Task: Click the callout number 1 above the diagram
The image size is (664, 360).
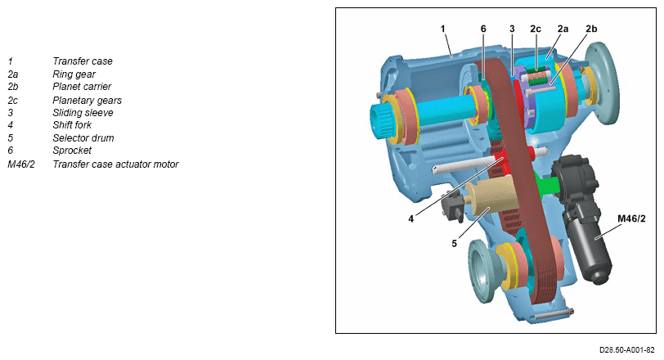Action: click(x=443, y=29)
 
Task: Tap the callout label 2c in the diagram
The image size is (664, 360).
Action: click(x=536, y=29)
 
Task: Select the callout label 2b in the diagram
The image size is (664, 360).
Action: click(x=591, y=29)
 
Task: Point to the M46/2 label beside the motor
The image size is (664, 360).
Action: click(x=631, y=218)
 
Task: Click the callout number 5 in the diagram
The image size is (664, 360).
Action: click(x=454, y=244)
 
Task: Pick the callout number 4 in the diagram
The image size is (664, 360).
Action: click(x=411, y=219)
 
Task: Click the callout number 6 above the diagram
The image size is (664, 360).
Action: click(x=483, y=29)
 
